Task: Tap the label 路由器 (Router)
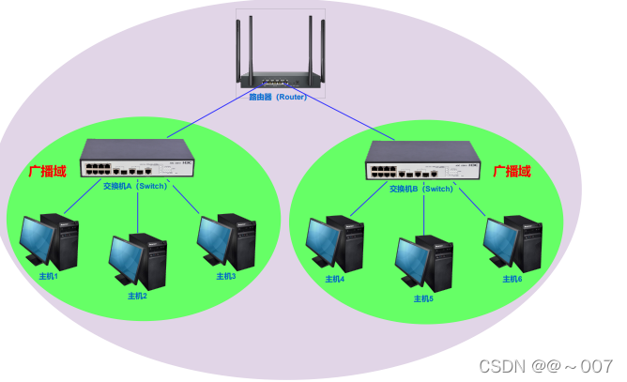[278, 97]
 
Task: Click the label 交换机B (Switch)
[421, 188]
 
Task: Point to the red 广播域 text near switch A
[48, 172]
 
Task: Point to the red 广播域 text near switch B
[512, 171]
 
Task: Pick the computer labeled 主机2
[138, 260]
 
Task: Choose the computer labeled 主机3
[226, 240]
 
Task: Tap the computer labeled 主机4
[335, 242]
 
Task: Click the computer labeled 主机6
[512, 242]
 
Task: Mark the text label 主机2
[138, 296]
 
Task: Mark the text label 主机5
[424, 298]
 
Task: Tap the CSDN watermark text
[545, 365]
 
